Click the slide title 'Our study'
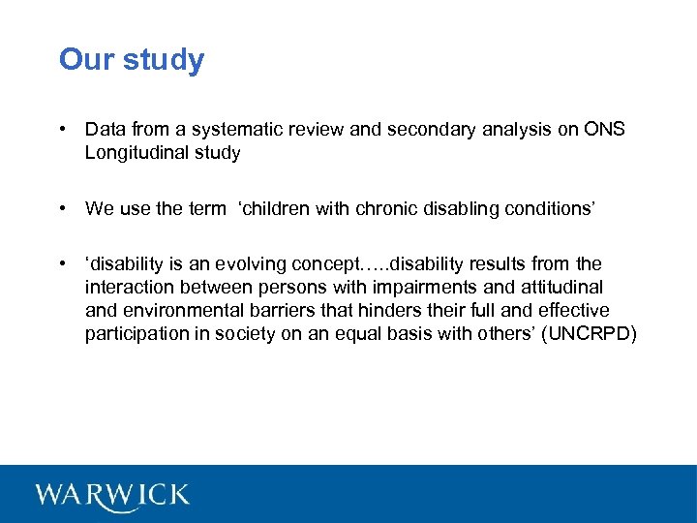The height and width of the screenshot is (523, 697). pyautogui.click(x=132, y=60)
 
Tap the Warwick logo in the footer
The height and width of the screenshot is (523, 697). pyautogui.click(x=113, y=495)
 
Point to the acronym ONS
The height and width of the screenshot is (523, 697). pyautogui.click(x=604, y=129)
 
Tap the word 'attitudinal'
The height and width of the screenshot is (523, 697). pyautogui.click(x=561, y=288)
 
